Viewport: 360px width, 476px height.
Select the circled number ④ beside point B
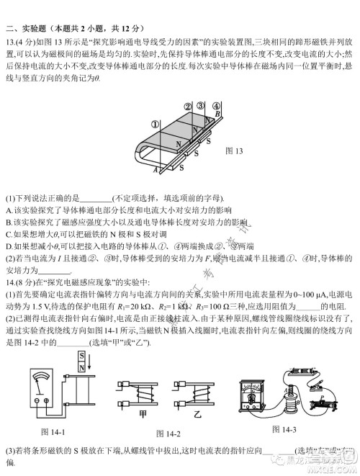[x=210, y=107]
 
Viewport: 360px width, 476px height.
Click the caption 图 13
[x=235, y=151]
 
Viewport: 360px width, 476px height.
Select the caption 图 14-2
[x=169, y=434]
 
